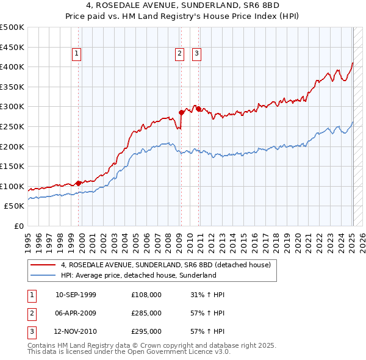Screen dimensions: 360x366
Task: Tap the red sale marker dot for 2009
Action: (x=181, y=112)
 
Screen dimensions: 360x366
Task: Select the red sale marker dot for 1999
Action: (x=79, y=182)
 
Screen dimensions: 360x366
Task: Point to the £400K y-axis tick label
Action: (x=12, y=67)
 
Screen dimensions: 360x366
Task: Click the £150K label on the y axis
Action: (x=12, y=166)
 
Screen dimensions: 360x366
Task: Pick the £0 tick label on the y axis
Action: (x=20, y=226)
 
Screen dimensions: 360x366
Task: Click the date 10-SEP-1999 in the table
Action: (x=76, y=295)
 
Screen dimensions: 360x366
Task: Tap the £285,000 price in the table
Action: (x=146, y=313)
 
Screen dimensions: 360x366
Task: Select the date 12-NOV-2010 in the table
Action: (x=76, y=331)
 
